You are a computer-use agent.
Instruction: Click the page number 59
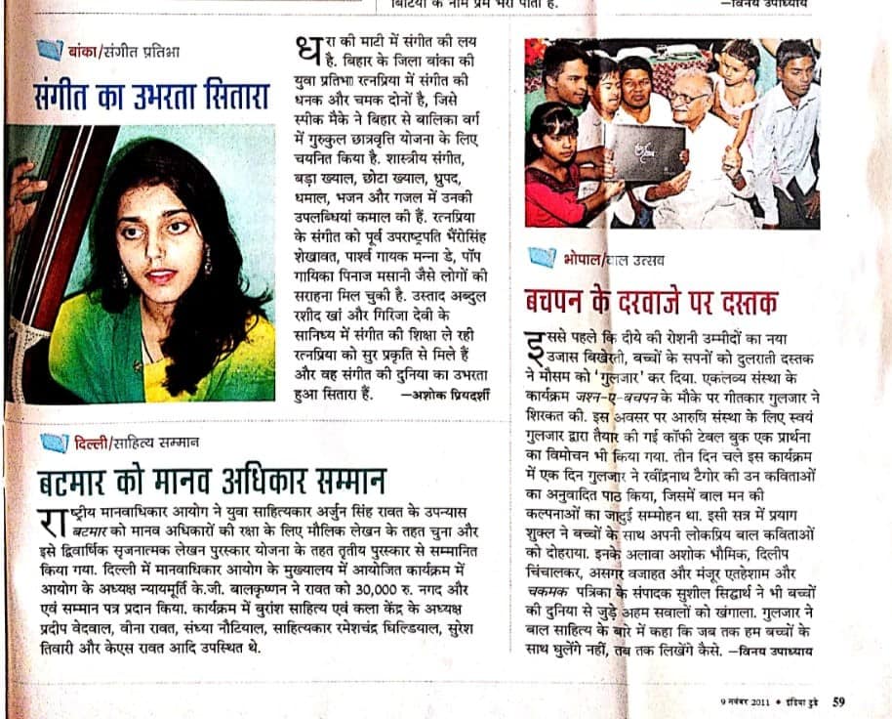coord(839,700)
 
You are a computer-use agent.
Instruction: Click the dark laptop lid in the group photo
coord(645,153)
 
